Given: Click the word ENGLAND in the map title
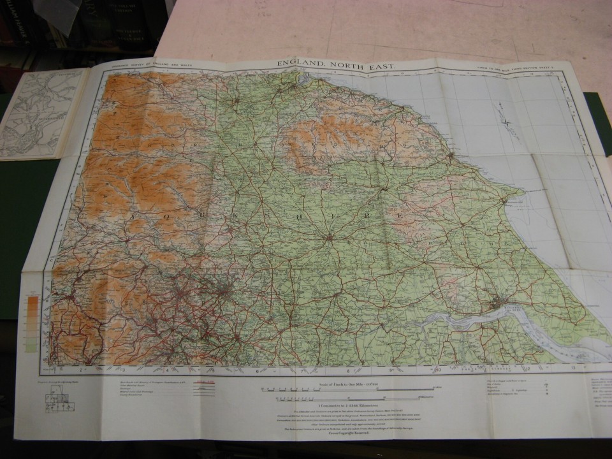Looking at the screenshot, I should (x=299, y=64).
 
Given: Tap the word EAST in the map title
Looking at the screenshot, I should (x=381, y=65).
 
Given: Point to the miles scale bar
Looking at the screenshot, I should (x=347, y=388).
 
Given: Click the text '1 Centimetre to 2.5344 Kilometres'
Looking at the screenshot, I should (x=348, y=406).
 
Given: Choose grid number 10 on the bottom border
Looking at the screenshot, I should (x=439, y=370).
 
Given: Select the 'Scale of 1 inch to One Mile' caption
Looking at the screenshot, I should (x=347, y=383).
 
